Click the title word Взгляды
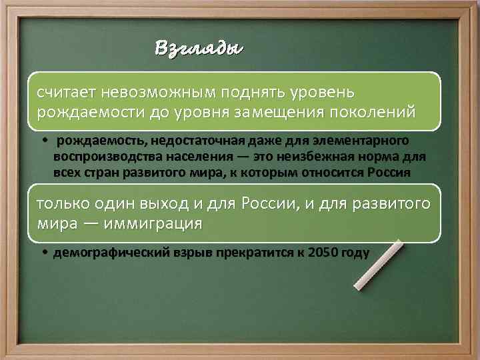pyautogui.click(x=199, y=49)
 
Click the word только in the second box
pyautogui.click(x=61, y=203)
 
